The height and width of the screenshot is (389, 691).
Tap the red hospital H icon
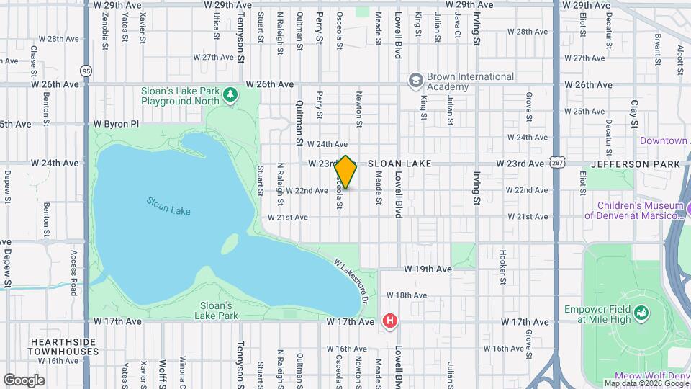coord(390,321)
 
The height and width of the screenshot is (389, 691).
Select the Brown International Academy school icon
coord(415,81)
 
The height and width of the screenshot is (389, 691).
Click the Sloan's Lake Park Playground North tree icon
coord(230,95)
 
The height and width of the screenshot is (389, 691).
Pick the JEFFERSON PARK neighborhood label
coord(635,164)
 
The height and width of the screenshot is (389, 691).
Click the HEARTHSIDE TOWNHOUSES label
coord(63,346)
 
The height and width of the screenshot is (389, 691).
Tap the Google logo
coord(24,380)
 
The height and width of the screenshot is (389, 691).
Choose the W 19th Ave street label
coord(428,269)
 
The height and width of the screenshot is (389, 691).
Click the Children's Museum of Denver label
coord(633,209)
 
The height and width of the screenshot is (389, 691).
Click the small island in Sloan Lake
coord(230,244)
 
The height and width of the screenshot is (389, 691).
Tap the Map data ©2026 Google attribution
coord(645,383)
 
